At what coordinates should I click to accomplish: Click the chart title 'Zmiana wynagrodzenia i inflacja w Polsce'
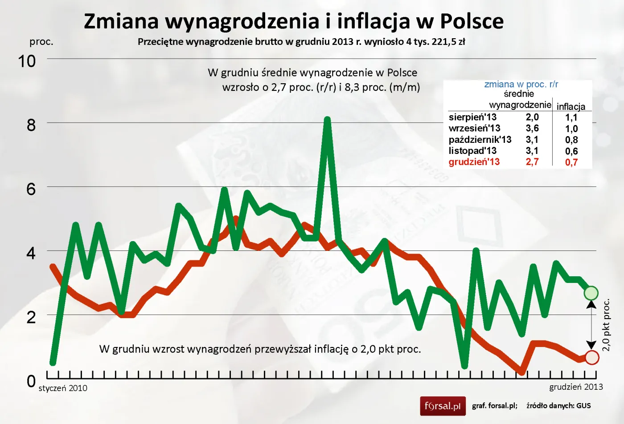(x=294, y=21)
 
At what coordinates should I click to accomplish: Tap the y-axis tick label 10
(x=27, y=61)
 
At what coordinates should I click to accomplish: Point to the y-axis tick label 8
(x=31, y=125)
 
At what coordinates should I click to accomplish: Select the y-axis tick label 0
(x=31, y=381)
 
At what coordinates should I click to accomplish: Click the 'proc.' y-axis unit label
(x=41, y=42)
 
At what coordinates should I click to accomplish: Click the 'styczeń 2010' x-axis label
(x=63, y=388)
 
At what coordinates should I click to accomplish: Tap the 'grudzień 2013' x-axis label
(x=576, y=387)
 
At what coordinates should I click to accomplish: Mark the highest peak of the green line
(x=327, y=120)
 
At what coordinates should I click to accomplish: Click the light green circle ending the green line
(x=591, y=293)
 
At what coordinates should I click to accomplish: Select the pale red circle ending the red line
(x=591, y=357)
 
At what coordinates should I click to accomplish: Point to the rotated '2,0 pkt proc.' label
(x=606, y=325)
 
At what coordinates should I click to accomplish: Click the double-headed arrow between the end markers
(x=591, y=325)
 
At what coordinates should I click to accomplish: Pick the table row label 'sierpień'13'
(x=472, y=117)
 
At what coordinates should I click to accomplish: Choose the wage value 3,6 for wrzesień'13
(x=532, y=128)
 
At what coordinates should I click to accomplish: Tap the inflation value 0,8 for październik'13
(x=571, y=140)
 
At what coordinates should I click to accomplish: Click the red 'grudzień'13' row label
(x=474, y=162)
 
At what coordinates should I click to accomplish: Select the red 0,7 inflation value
(x=571, y=162)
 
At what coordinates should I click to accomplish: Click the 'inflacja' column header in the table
(x=571, y=106)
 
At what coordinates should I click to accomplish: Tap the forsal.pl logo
(x=443, y=406)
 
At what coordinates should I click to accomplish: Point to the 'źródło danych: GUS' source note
(x=558, y=405)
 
